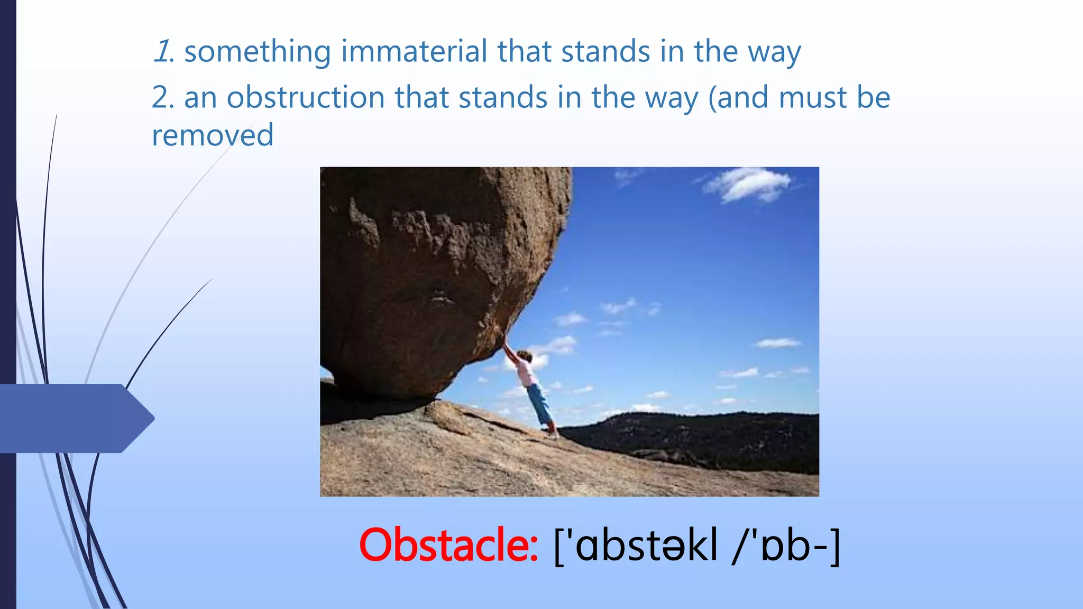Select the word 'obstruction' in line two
coord(305,97)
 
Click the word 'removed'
coord(213,135)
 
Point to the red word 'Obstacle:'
coord(448,545)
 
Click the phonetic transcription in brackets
coord(697,546)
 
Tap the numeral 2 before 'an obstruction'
coord(160,97)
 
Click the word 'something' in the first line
coord(257,52)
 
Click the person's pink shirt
coord(526,373)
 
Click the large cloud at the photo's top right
coord(748,185)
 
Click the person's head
coord(523,355)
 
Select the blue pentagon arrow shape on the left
coord(74,418)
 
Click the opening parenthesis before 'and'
coord(712,98)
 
